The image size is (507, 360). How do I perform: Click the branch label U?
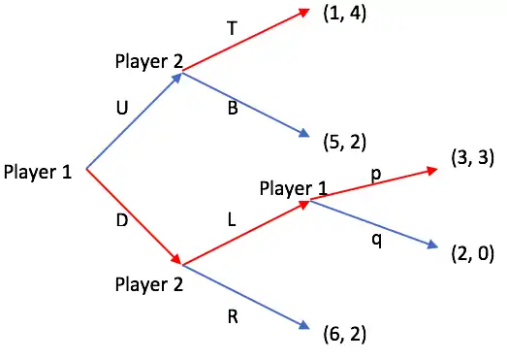coord(122,108)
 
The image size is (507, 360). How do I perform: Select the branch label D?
coord(122,220)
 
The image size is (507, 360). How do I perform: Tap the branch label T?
coord(232,28)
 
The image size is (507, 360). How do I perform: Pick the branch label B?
coord(233,108)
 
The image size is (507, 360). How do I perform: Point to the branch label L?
coord(232,220)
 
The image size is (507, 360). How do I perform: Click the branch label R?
coord(233,316)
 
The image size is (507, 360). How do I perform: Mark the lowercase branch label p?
coord(376,175)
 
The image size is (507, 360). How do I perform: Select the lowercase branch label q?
coord(376,241)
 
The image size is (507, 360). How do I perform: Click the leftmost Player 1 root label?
coord(38,172)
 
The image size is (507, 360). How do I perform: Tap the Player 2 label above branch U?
coord(149,61)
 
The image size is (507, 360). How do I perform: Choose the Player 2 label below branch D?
coord(149,285)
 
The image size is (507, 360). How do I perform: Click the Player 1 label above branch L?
coord(294,188)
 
